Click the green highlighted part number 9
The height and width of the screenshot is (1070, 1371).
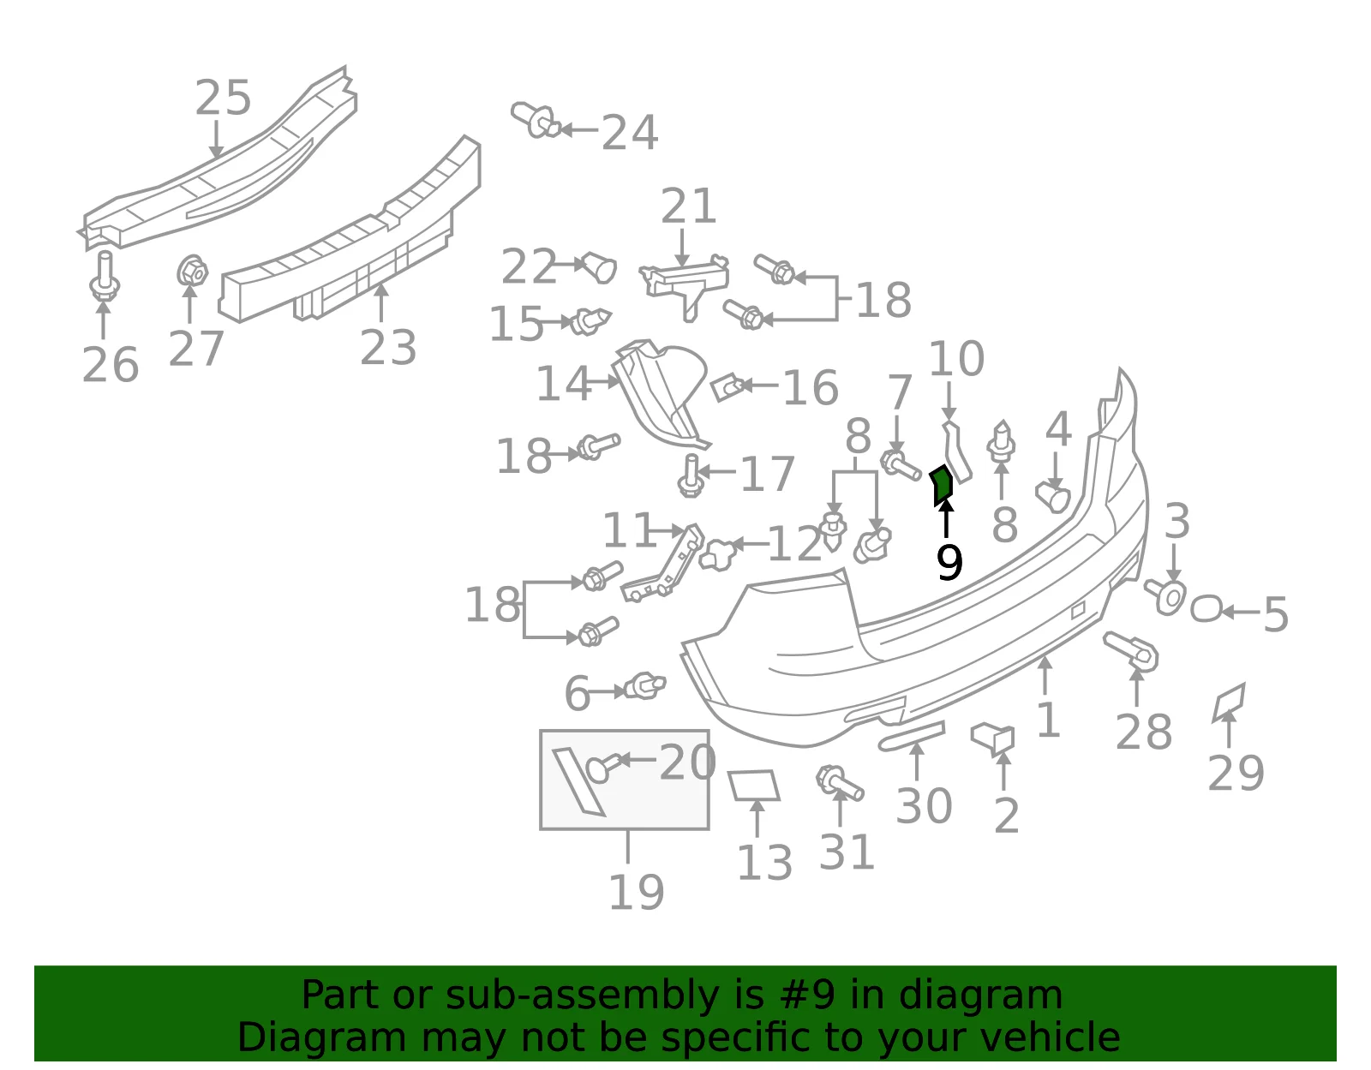tap(942, 485)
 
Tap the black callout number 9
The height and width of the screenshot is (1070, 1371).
tap(949, 563)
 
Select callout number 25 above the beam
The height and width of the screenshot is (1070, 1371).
tap(223, 98)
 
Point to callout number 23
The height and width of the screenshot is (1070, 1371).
tap(388, 347)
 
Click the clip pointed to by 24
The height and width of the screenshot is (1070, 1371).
tap(535, 120)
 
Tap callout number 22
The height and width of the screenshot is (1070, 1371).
tap(529, 266)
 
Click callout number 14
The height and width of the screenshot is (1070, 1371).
tap(564, 383)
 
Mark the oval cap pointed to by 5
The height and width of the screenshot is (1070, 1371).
tap(1206, 609)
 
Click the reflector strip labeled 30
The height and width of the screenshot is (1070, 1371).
tap(911, 736)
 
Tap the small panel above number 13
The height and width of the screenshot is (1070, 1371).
tap(753, 785)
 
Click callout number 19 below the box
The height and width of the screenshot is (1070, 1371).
tap(636, 892)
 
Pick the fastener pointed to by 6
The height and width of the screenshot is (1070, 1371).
tap(644, 686)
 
